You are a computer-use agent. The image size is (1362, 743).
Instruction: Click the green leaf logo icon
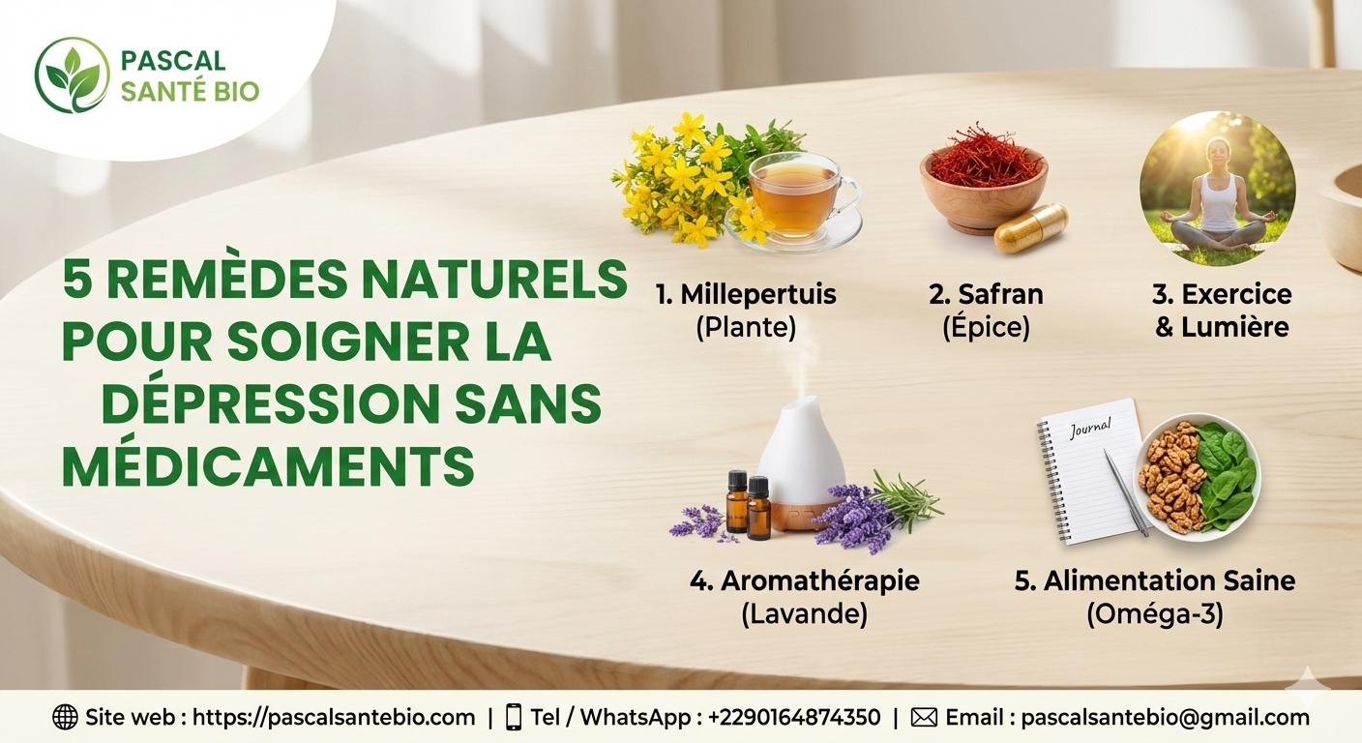click(x=72, y=74)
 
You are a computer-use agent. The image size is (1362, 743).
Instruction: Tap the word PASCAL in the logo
click(x=173, y=61)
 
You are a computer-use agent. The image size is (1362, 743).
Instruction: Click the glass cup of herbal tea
click(x=796, y=196)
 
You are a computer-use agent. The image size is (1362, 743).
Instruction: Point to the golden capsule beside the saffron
click(x=1031, y=228)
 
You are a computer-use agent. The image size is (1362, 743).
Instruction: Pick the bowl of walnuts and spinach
click(x=1198, y=475)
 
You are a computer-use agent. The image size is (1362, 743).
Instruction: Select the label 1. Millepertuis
click(x=745, y=294)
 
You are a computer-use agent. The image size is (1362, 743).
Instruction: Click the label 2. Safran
click(x=986, y=294)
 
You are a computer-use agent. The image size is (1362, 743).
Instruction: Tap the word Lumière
click(x=1235, y=327)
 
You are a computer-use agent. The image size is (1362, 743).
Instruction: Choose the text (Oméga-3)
click(x=1154, y=614)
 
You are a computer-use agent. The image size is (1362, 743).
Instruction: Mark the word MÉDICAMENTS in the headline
click(x=268, y=466)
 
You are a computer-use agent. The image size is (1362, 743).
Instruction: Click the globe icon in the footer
click(x=65, y=717)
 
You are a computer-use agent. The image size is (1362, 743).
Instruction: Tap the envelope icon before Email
click(x=925, y=717)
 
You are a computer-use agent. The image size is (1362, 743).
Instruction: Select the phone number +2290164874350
click(x=794, y=717)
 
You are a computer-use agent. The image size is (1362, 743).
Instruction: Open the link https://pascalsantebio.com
click(x=334, y=717)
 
